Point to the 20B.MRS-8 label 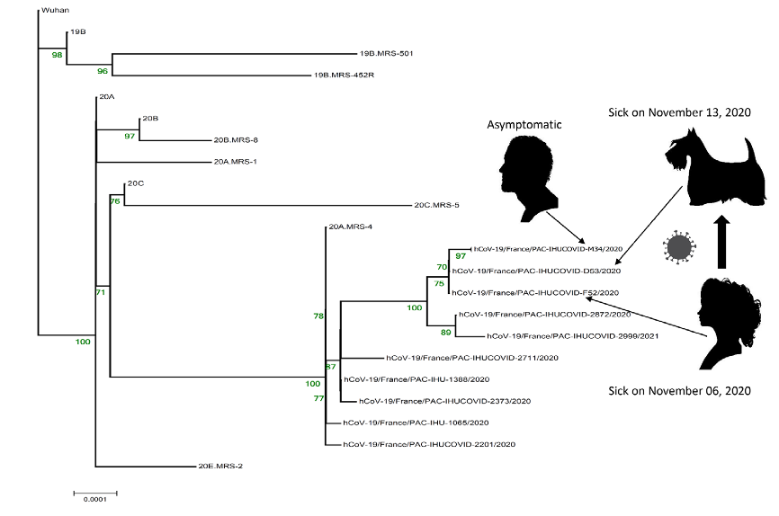tap(236, 140)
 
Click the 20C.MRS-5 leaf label tap(436, 205)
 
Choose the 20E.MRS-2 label tap(221, 467)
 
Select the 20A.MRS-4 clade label tap(350, 227)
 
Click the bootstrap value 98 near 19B tap(58, 55)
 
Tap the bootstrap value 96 tap(103, 71)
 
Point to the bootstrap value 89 tap(445, 331)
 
